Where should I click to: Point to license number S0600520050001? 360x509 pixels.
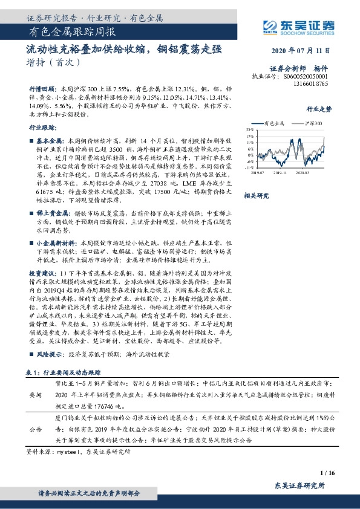click(x=305, y=77)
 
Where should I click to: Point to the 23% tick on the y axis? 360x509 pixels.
click(x=250, y=129)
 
